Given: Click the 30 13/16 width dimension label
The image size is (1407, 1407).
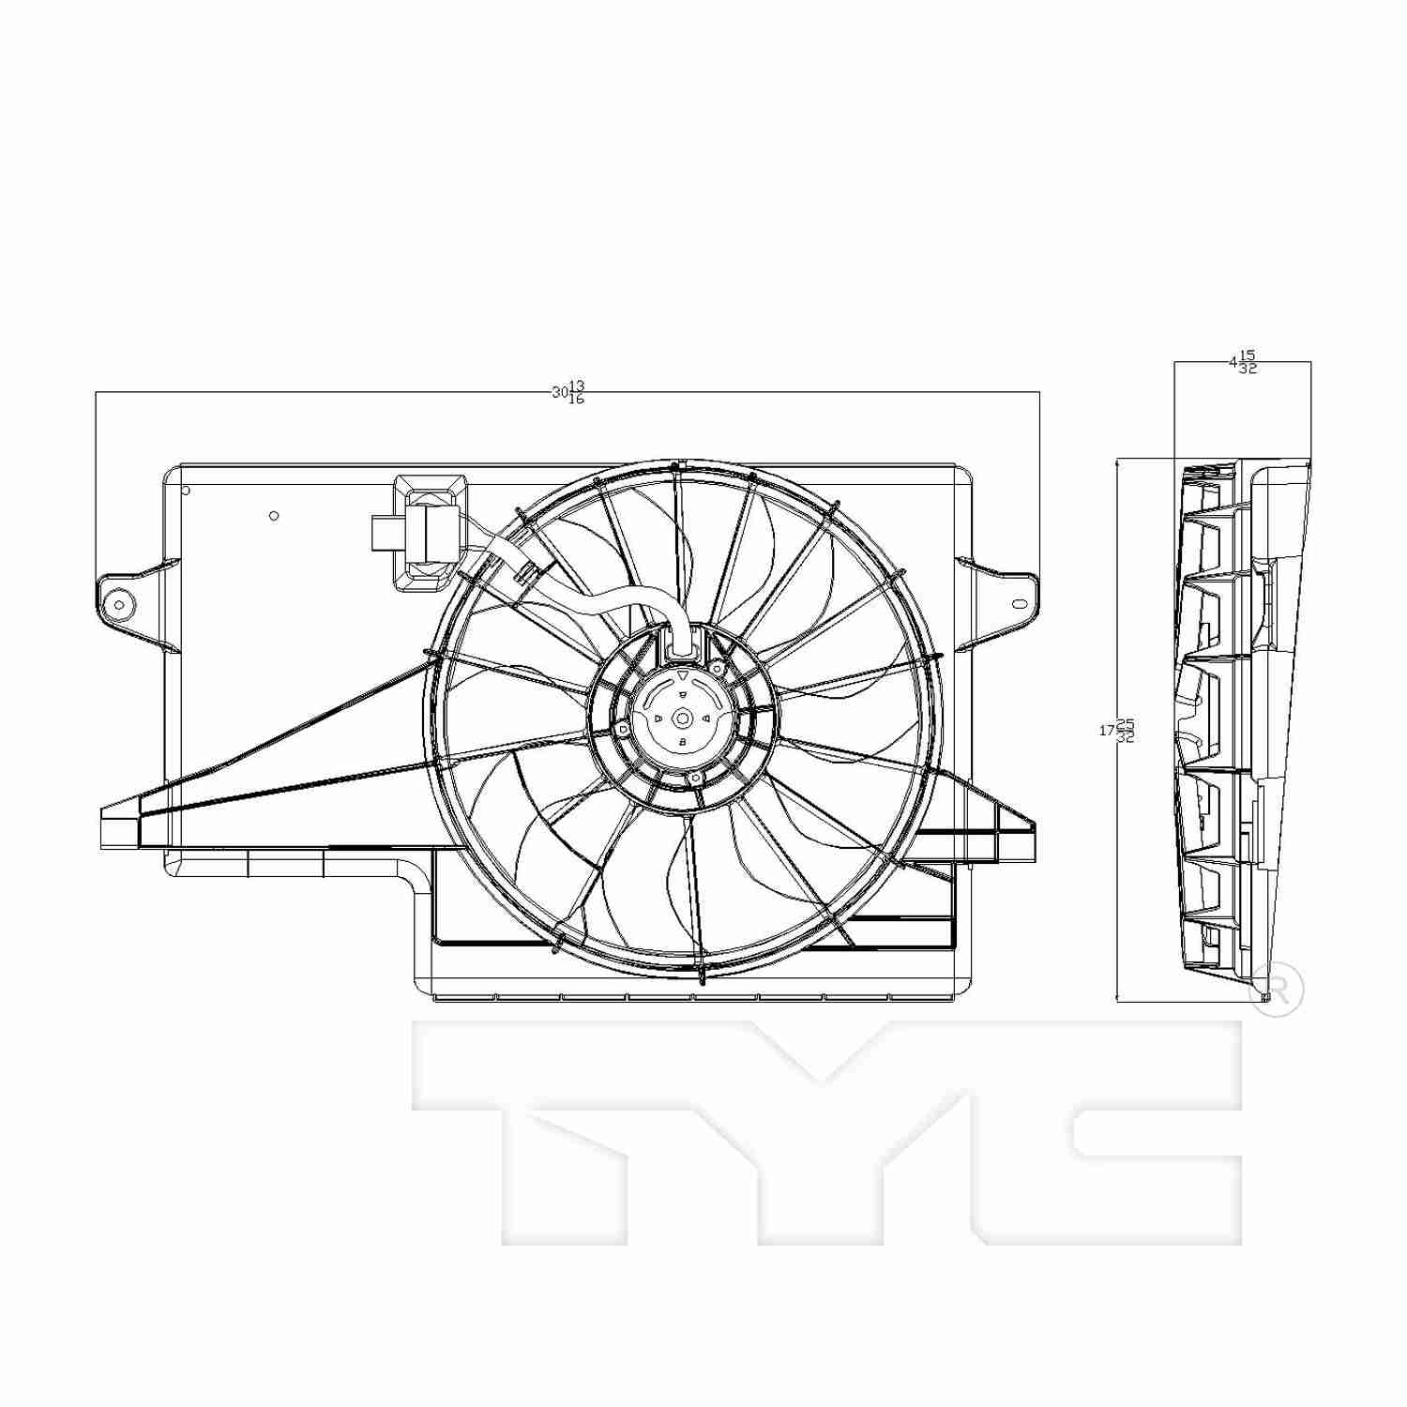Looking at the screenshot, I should pos(569,392).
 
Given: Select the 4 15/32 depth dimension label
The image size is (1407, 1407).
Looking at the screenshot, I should pos(1243,362).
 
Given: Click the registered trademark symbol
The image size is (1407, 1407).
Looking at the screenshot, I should pos(1278,988).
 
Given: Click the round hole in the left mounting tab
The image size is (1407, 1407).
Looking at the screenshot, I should pos(119,604).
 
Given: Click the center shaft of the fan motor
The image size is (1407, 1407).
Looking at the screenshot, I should pos(683,719).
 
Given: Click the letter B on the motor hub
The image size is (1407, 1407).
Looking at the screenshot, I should pos(683,743).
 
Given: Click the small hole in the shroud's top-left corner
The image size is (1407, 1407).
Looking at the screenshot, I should pos(186,491).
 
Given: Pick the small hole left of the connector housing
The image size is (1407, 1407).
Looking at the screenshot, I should pos(274,515).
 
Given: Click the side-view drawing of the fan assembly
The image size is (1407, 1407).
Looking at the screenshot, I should pos(1243,722).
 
